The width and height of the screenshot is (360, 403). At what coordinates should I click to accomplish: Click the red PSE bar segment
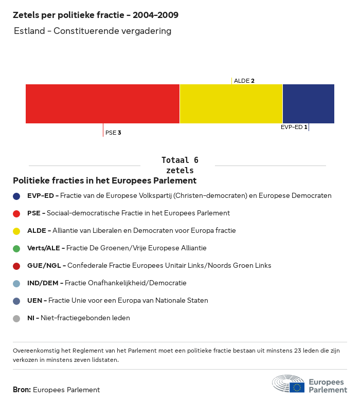point(102,104)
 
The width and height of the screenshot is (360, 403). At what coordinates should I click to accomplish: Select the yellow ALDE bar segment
point(231,104)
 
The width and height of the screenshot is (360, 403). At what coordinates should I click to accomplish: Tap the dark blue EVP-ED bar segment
point(308,104)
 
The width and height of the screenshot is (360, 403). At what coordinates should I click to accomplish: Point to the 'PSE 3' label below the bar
point(113,133)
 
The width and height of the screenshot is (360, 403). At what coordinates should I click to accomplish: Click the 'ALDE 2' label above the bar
point(244,81)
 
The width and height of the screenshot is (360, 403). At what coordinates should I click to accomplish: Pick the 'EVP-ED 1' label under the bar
point(294,127)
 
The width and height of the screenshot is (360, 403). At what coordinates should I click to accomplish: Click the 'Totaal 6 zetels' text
point(179,165)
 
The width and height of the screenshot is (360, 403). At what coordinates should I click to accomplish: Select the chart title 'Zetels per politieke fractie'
point(96,15)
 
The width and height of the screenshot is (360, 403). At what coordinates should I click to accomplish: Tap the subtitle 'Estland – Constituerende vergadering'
point(93,31)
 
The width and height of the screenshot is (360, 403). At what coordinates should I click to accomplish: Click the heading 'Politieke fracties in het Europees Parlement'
point(104,181)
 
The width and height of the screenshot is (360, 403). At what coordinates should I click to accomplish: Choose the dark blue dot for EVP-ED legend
point(16,196)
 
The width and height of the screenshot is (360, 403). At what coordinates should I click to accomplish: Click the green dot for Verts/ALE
point(16,248)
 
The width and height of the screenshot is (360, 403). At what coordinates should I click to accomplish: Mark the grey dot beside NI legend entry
point(16,318)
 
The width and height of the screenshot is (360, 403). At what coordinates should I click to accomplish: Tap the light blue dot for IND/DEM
point(16,283)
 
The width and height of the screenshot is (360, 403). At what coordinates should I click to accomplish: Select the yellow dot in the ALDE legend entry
point(16,231)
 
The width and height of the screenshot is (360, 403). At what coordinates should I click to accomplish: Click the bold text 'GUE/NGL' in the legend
point(45,266)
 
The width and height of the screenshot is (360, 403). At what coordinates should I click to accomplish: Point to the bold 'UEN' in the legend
point(35,301)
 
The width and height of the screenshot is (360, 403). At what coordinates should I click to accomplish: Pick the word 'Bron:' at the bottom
point(22,390)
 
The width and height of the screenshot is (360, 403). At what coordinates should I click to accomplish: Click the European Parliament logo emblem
point(289,384)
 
